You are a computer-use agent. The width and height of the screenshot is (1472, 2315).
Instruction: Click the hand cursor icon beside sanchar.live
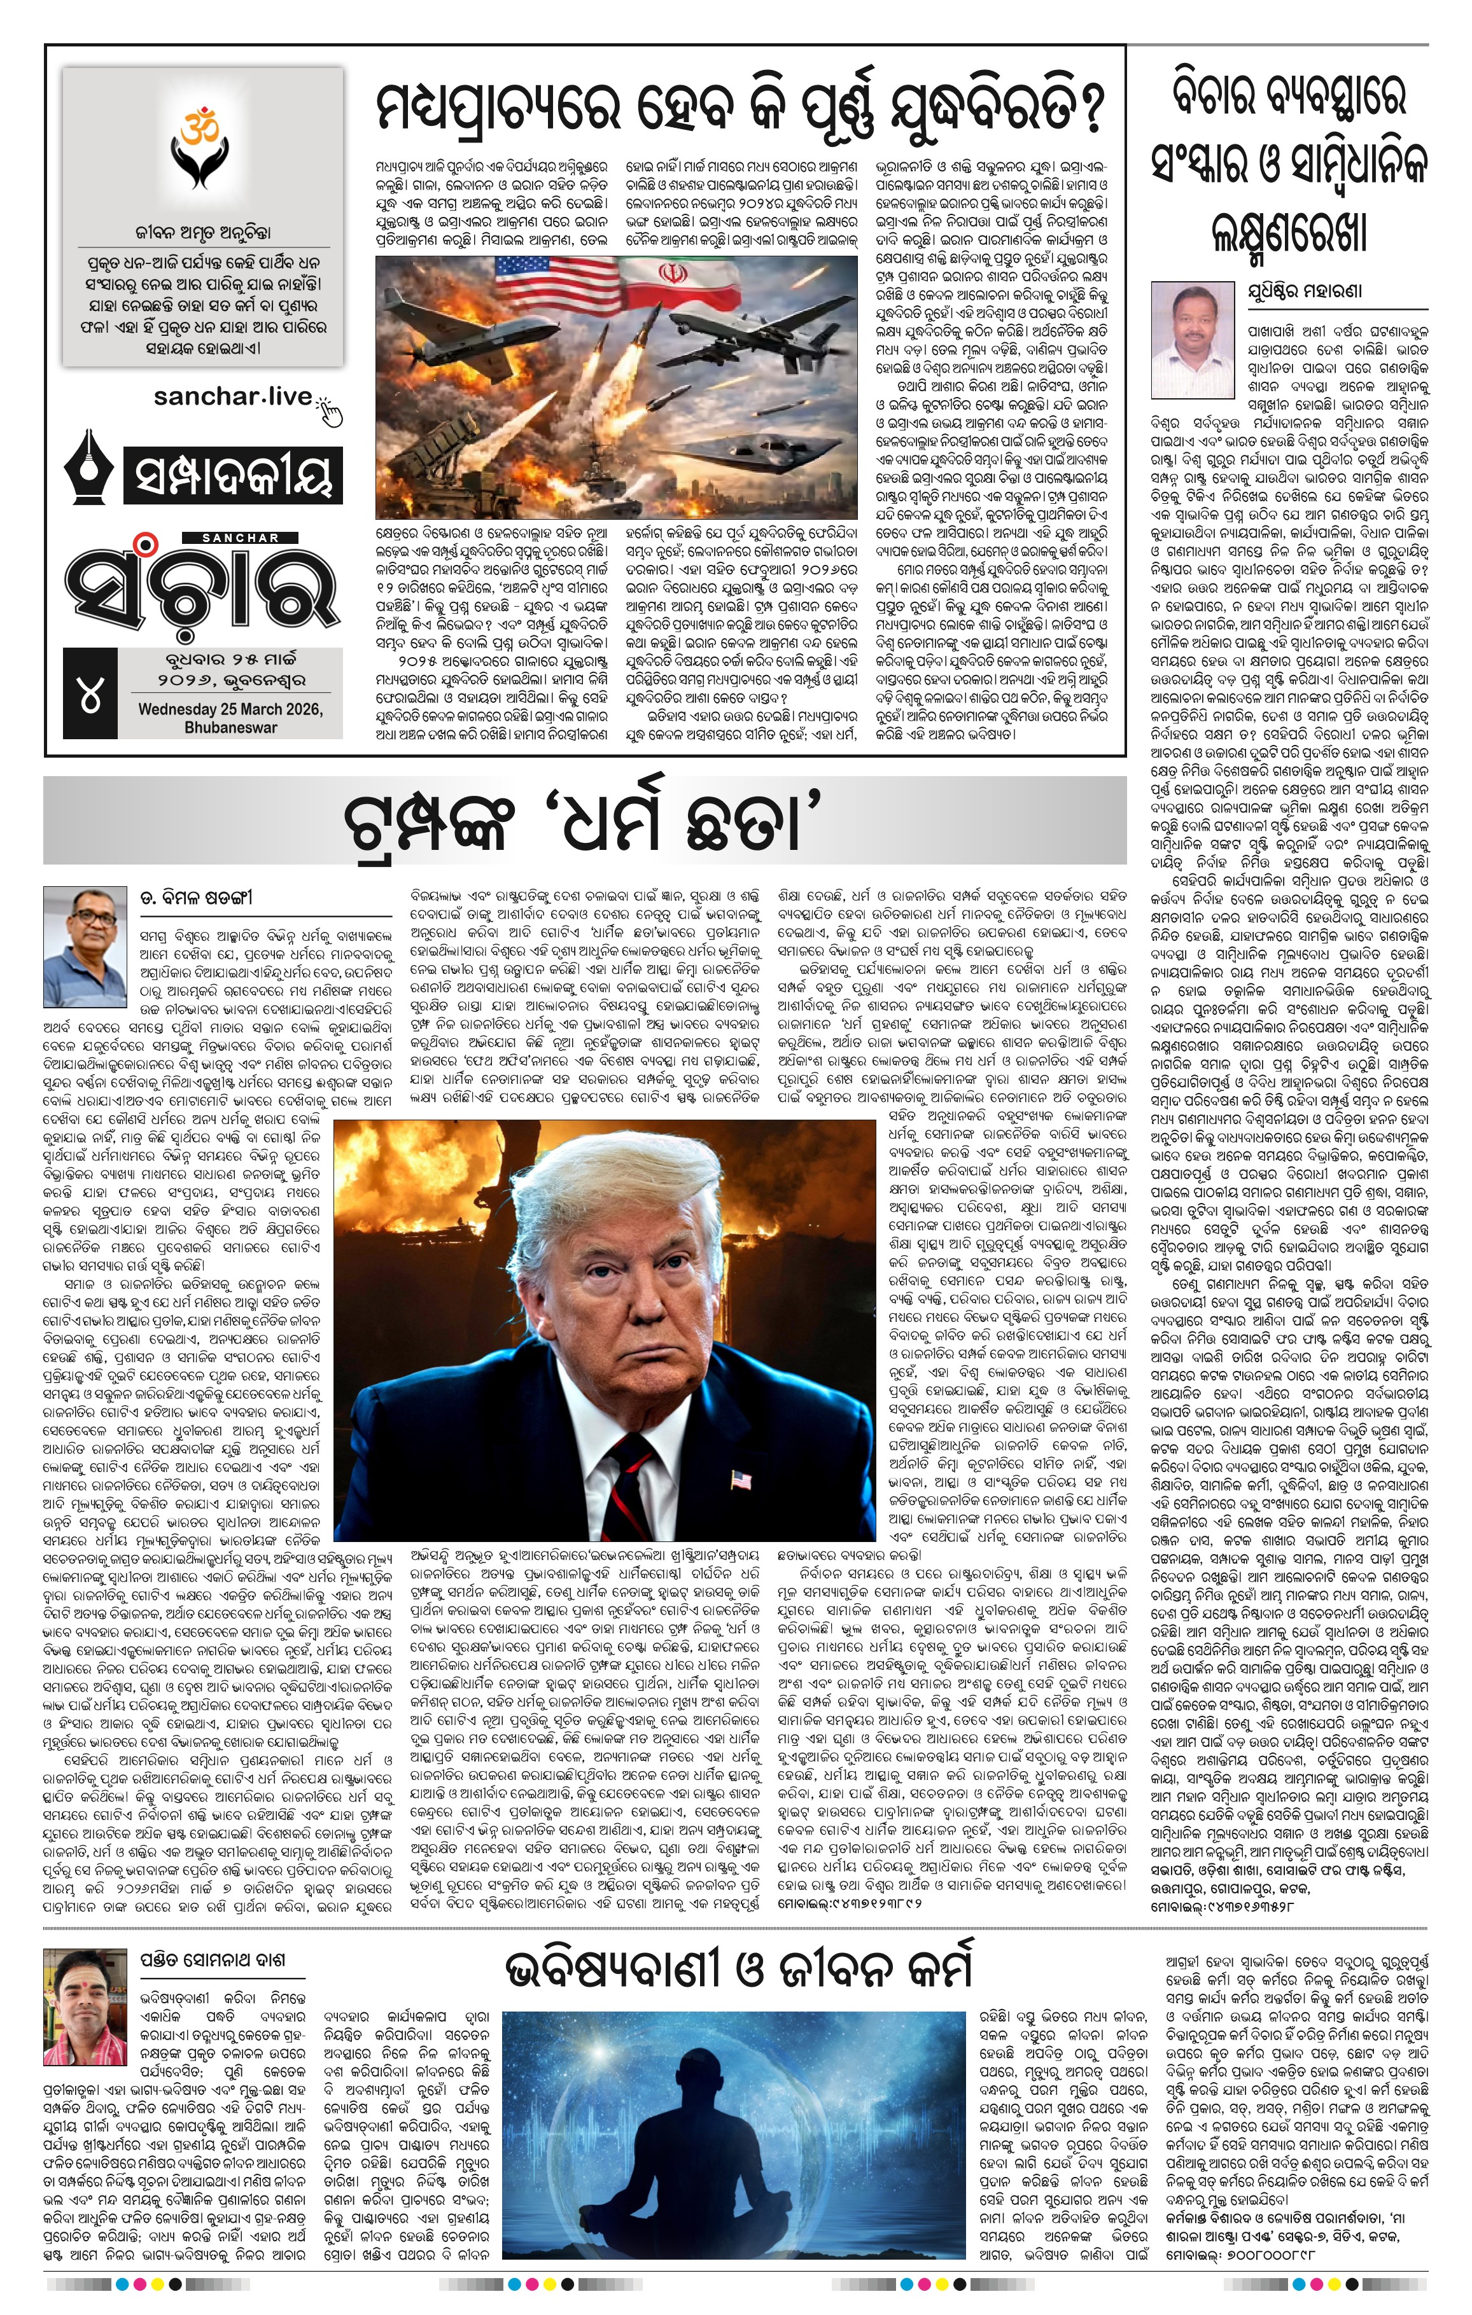[x=331, y=410]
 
